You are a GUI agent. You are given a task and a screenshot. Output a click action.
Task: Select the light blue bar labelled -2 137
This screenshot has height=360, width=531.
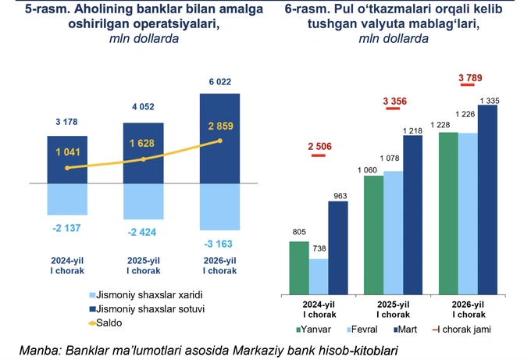point(66,199)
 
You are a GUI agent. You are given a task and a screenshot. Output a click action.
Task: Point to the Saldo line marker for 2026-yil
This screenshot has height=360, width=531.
point(220,141)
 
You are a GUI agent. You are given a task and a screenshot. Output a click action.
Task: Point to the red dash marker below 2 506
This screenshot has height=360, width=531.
point(319,155)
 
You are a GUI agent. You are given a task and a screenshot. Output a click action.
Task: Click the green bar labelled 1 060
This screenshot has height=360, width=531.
point(374,234)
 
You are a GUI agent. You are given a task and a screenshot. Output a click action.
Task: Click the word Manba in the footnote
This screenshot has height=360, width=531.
point(40,348)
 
